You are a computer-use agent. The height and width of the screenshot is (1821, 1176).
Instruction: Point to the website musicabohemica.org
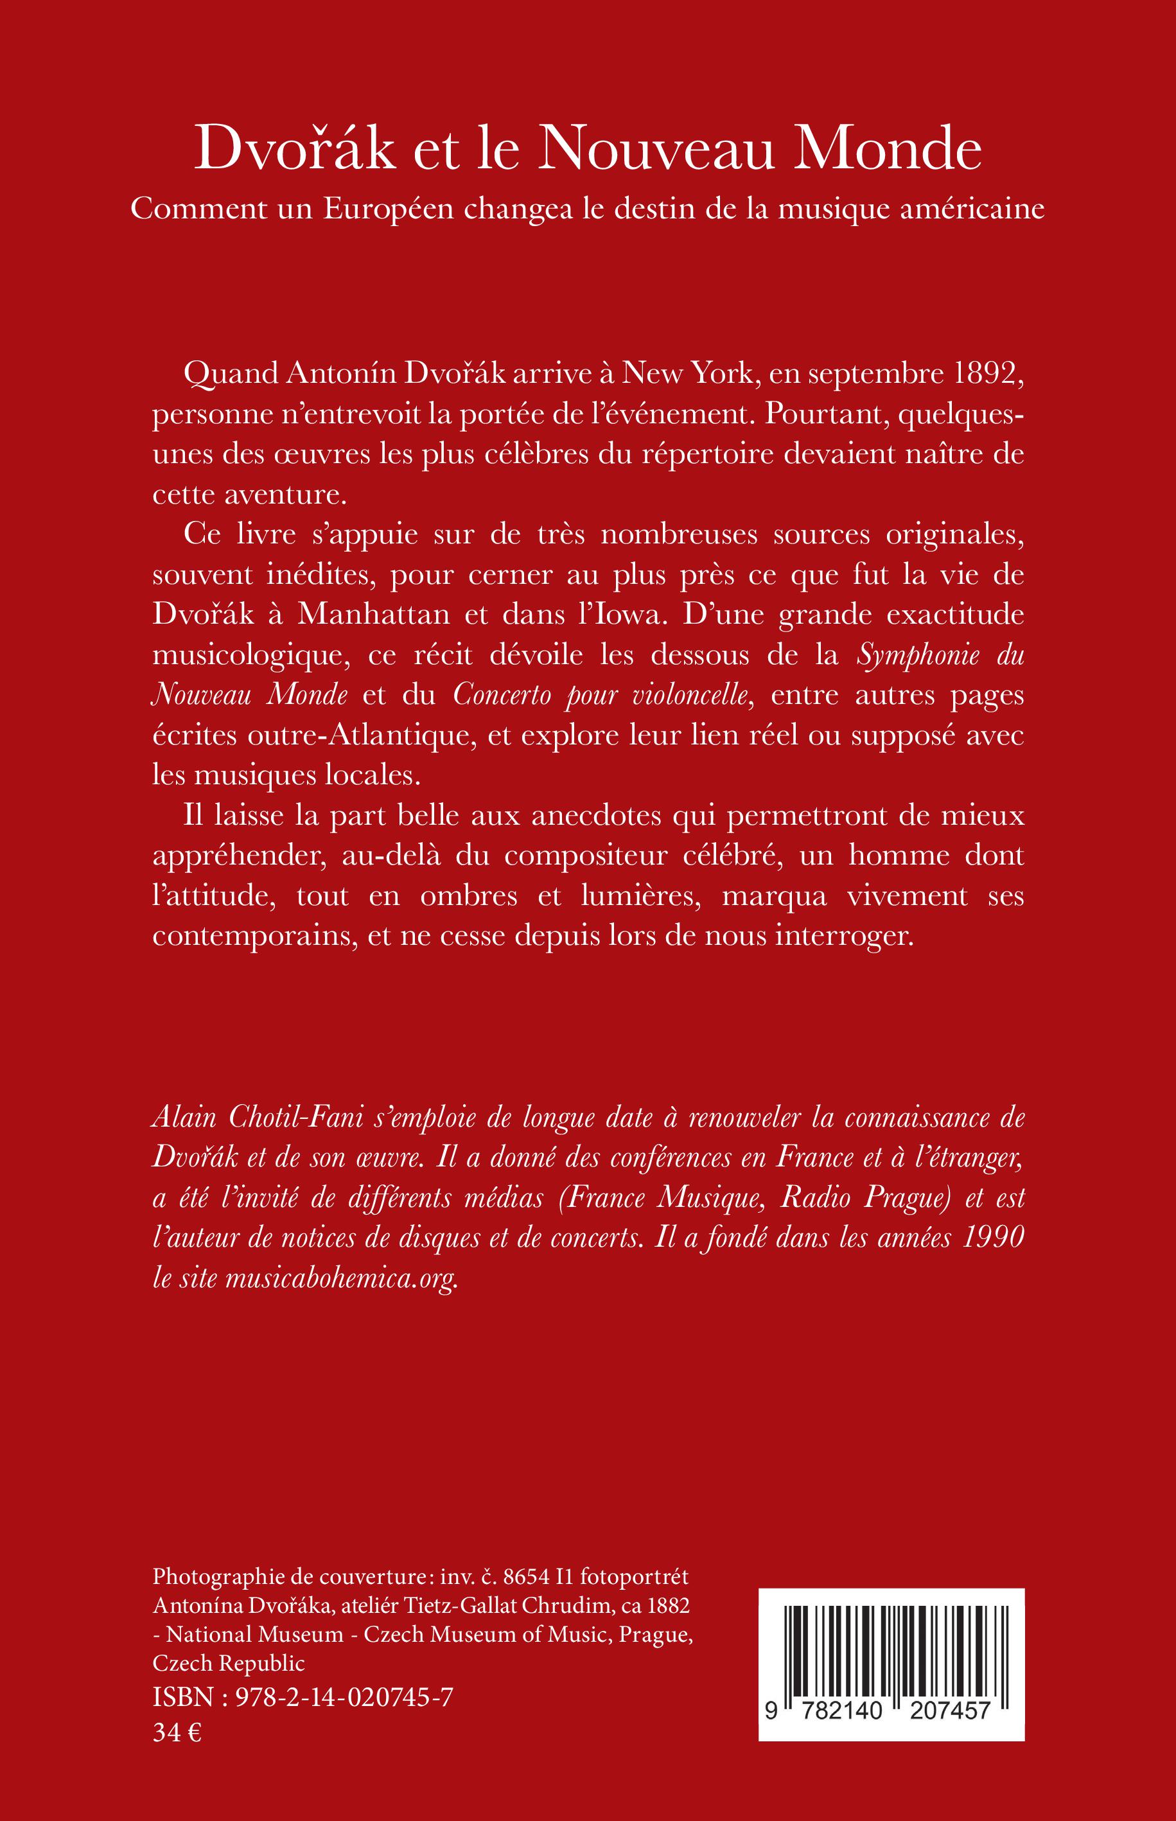tap(340, 1278)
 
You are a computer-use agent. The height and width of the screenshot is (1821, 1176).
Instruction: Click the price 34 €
tap(177, 1732)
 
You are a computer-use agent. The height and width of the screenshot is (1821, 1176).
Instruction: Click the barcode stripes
tap(890, 1639)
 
